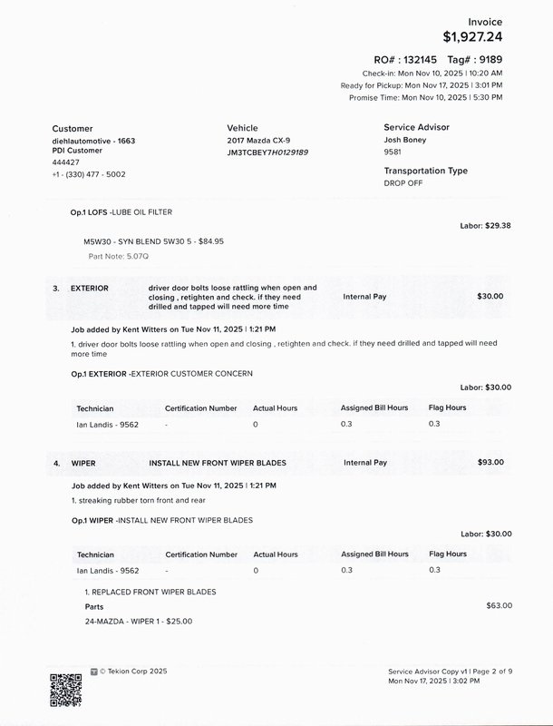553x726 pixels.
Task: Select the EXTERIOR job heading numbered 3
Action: point(89,289)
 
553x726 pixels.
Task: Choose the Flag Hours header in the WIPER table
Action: point(447,554)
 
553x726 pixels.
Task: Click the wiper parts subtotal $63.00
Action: point(500,605)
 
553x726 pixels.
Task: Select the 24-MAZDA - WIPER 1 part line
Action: point(138,622)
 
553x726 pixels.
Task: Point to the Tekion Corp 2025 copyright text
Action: point(133,672)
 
